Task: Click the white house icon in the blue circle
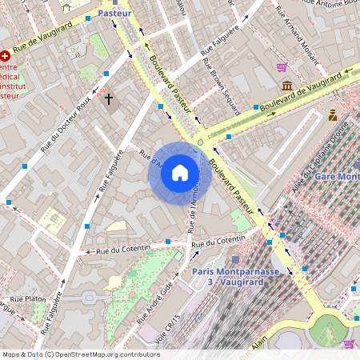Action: (180, 173)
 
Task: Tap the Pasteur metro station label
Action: (115, 14)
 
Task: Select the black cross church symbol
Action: (109, 99)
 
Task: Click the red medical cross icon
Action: (6, 56)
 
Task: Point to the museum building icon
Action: (286, 86)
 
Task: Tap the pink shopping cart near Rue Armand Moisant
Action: (282, 67)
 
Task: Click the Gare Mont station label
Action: (336, 176)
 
